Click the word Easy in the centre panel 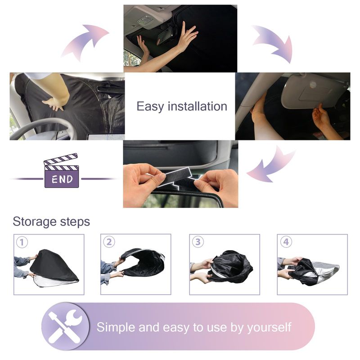click(x=150, y=107)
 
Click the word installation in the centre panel click(x=198, y=107)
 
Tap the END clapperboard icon click(x=61, y=171)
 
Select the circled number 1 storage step click(x=22, y=243)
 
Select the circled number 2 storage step click(x=109, y=242)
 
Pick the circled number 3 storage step click(x=198, y=242)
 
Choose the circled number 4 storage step click(x=286, y=242)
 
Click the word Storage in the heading click(x=35, y=222)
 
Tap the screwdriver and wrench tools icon click(x=65, y=327)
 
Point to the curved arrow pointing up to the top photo click(x=85, y=42)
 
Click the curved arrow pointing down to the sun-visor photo click(x=273, y=42)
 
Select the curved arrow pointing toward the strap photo click(x=271, y=164)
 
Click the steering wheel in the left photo click(x=44, y=129)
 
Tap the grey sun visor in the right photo click(x=315, y=91)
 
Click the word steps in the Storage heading click(x=75, y=222)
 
